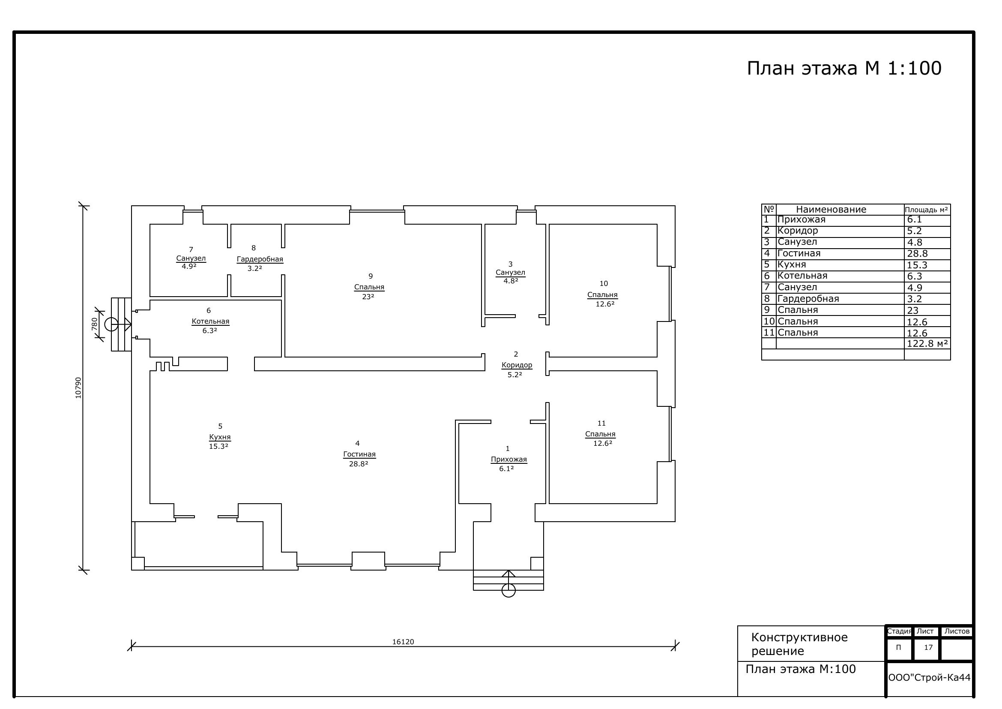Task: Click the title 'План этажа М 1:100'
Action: [844, 69]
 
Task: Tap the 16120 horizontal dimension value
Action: [403, 642]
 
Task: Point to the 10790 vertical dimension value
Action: [78, 388]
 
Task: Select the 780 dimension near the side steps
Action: [94, 324]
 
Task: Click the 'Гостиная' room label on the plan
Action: [359, 454]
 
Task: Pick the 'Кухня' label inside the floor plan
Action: [220, 437]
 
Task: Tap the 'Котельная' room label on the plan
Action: [210, 321]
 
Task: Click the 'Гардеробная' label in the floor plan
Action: [260, 259]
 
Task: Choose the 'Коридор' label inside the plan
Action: [517, 365]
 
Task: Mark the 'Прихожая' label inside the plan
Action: [509, 459]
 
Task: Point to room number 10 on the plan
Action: [604, 284]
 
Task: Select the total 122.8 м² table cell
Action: [927, 344]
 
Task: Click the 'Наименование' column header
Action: [831, 210]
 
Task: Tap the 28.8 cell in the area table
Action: [917, 254]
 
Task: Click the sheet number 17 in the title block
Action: [928, 647]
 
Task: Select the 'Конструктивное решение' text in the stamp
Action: [799, 644]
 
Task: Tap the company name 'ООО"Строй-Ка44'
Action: [929, 678]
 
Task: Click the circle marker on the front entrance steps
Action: [508, 591]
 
